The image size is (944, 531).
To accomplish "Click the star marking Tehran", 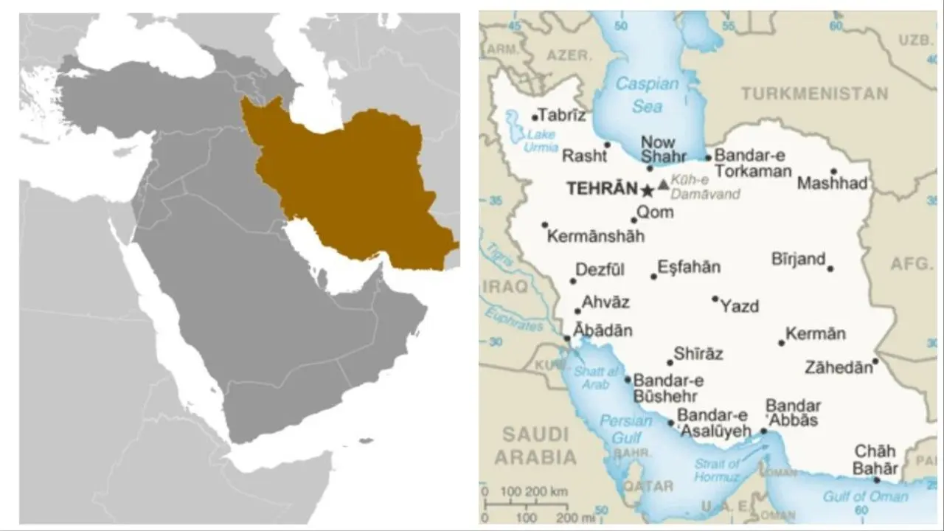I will pos(648,191).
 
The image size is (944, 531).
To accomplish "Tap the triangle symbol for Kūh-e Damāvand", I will pos(664,184).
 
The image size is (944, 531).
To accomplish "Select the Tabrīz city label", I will pos(562,115).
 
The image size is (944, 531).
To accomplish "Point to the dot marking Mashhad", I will pos(833,171).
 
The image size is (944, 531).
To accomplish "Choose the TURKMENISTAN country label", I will pos(814,94).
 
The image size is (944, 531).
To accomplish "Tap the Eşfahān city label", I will pos(689,268).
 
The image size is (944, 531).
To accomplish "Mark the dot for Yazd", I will pos(715,299).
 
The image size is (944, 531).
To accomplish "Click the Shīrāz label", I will pos(698,354).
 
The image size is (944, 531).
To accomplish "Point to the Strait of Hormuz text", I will pos(717,471).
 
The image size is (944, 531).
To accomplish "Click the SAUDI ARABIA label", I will pos(535,445).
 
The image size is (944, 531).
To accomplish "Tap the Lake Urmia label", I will pos(541,140).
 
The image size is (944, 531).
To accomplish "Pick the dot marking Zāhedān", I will pos(875,361).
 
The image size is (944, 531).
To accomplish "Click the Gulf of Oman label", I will pos(866,496).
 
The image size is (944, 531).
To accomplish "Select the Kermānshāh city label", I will pos(596,237).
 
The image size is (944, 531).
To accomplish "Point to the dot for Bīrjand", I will pos(830,268).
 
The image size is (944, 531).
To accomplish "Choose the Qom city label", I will pos(655,212).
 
